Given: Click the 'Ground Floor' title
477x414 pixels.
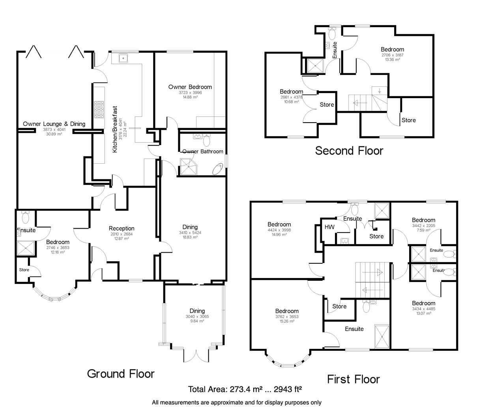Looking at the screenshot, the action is tap(121, 374).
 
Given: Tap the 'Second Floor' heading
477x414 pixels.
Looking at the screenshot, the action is tap(349, 151).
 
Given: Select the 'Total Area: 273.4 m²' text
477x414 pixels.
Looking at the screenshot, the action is tap(225, 389).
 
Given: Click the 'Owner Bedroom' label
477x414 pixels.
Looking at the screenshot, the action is tap(190, 87).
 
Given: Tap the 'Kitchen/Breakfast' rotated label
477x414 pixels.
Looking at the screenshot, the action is tap(115, 129).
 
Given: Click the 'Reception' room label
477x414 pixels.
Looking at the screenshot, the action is tap(122, 228).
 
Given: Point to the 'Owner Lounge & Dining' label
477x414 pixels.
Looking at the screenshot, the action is tap(54, 124).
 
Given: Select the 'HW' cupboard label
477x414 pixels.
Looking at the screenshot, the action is tap(329, 227).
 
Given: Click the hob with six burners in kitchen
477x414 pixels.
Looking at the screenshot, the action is tap(99, 109).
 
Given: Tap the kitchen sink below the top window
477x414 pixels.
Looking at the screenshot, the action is tap(123, 58).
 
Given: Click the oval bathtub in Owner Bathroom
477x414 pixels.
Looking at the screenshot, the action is tap(218, 169).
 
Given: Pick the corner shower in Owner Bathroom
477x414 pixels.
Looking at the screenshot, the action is tap(188, 166).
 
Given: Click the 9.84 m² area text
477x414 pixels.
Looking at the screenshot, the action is tap(197, 321).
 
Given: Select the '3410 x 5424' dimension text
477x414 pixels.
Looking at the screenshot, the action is tap(190, 233).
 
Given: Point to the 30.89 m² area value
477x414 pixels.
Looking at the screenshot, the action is tap(54, 134).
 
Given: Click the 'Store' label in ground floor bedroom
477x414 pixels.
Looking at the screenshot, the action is tap(24, 270).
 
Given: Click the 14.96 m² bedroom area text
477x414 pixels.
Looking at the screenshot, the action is tap(279, 235).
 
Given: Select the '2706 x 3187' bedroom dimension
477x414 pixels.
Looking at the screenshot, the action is tap(392, 55).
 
